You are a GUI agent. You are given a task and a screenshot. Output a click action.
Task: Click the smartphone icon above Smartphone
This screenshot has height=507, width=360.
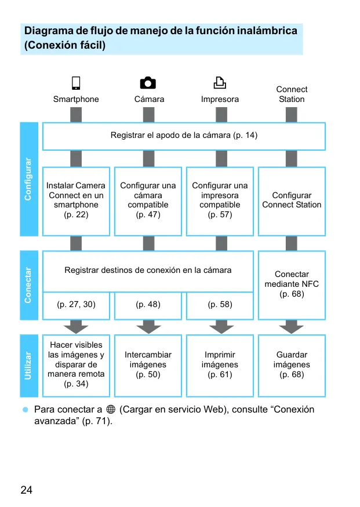pyautogui.click(x=76, y=83)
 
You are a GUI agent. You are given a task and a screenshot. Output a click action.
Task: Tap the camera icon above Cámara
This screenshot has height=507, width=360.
pyautogui.click(x=148, y=83)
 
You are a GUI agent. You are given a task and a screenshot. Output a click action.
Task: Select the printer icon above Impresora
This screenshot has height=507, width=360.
pyautogui.click(x=220, y=83)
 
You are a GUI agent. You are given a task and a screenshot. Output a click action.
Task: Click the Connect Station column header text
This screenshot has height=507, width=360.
pyautogui.click(x=292, y=94)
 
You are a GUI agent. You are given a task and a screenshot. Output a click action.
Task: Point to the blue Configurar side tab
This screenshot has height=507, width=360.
pyautogui.click(x=29, y=179)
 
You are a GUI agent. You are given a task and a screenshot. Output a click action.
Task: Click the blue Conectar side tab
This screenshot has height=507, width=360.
pyautogui.click(x=29, y=285)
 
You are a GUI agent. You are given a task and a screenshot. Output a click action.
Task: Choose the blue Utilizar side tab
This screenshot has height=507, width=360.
pyautogui.click(x=29, y=366)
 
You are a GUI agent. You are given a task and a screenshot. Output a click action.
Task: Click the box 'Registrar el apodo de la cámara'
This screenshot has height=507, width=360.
pyautogui.click(x=184, y=136)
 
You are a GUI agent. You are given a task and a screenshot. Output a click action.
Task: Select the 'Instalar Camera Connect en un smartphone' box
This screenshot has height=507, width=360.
pyautogui.click(x=76, y=202)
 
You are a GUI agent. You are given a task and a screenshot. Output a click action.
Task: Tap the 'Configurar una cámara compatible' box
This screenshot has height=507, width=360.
pyautogui.click(x=148, y=202)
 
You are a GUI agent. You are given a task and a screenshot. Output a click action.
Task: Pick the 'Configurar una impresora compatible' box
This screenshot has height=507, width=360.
pyautogui.click(x=220, y=202)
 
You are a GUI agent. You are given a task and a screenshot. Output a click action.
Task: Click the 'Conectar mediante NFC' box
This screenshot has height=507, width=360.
pyautogui.click(x=292, y=285)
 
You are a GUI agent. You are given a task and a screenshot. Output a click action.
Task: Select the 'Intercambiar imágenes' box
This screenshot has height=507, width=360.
pyautogui.click(x=148, y=366)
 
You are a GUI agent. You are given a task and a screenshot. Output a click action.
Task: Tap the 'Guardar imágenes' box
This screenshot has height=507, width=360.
pyautogui.click(x=292, y=366)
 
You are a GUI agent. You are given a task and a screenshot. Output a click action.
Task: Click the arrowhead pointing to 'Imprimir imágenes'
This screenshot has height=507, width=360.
pyautogui.click(x=221, y=329)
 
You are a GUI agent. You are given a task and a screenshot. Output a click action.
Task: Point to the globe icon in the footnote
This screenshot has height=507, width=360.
pyautogui.click(x=111, y=409)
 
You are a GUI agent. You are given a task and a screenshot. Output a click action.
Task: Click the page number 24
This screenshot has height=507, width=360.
pyautogui.click(x=27, y=490)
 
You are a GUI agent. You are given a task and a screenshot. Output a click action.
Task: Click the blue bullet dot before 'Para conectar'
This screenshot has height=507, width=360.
pyautogui.click(x=26, y=410)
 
